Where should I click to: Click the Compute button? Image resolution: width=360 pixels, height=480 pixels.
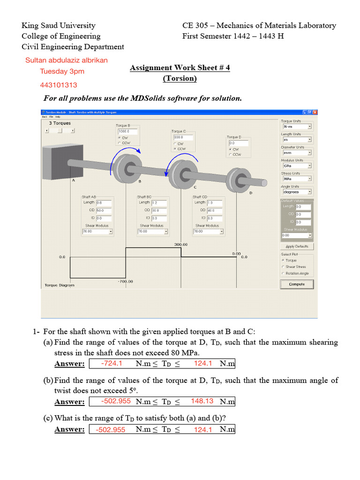coord(297,284)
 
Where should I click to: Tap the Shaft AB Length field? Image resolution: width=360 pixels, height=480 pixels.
coord(104,202)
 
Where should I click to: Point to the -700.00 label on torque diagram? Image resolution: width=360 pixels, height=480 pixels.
coord(125,281)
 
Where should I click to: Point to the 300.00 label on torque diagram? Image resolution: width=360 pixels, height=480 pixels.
coord(181,245)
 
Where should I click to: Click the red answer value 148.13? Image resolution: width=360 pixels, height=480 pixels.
coord(202,401)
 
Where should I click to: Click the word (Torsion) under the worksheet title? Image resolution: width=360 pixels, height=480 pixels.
coord(180,78)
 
